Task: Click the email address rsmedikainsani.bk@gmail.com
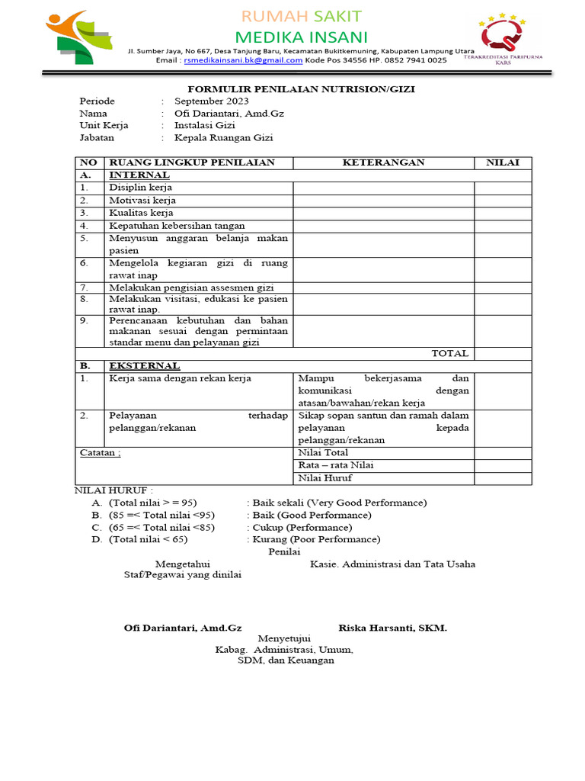click(243, 60)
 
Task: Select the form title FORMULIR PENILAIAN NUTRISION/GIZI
click(302, 88)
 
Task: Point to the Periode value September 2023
click(211, 101)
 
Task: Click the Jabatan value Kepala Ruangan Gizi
click(223, 137)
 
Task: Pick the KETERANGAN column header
click(383, 162)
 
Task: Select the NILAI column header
click(503, 162)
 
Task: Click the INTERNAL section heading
click(139, 175)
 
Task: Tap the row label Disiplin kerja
click(140, 187)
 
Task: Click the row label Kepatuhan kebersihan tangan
click(177, 226)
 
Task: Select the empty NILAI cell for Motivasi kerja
click(503, 200)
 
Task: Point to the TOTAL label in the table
click(450, 353)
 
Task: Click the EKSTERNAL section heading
click(145, 366)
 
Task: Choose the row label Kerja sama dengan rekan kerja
click(180, 378)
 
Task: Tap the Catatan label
click(101, 452)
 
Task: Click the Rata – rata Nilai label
click(336, 465)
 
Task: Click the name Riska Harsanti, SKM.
click(392, 628)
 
